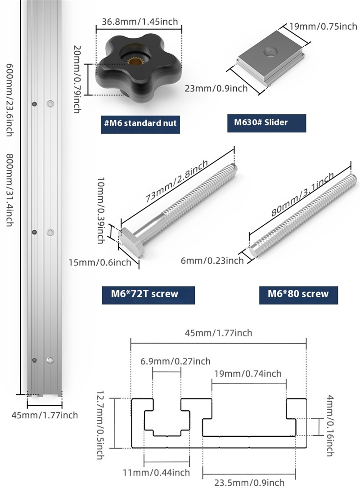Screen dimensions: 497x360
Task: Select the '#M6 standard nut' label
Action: pos(140,123)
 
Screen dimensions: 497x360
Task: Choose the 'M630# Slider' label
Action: pos(267,122)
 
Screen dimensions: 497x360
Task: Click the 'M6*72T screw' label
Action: pos(148,294)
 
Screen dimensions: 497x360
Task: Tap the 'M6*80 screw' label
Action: pos(298,294)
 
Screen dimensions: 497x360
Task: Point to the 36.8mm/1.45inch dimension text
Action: pos(139,21)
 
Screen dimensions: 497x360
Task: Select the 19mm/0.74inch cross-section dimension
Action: pos(248,373)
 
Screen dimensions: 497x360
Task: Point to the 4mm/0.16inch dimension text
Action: pos(329,425)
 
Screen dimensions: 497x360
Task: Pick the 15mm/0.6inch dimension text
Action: pos(100,262)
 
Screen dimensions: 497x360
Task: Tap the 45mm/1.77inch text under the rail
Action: pos(45,415)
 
